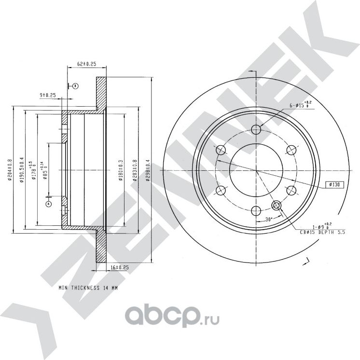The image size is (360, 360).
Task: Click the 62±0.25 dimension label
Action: coord(87,64)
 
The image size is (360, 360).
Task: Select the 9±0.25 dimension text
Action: coord(48,95)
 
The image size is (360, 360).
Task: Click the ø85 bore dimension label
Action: coord(45,170)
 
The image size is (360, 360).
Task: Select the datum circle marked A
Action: coord(48,204)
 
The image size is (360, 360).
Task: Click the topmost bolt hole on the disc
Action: coord(257,129)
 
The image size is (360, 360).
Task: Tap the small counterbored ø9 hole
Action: coord(277,206)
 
